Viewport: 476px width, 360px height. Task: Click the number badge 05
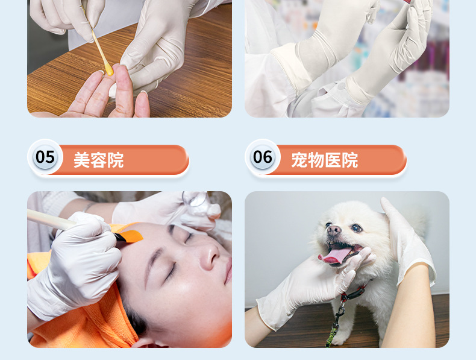coord(45,157)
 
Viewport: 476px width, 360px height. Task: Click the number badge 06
coord(263,157)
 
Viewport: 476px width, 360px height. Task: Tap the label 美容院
coord(98,160)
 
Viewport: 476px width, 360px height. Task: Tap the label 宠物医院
coord(324,160)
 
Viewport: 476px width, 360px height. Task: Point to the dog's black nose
coord(333,230)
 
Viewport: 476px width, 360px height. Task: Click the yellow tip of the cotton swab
coord(108,70)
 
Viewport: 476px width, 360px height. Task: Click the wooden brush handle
coord(51,219)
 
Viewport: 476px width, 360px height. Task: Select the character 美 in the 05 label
coord(81,160)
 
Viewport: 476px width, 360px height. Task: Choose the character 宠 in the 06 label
coord(299,160)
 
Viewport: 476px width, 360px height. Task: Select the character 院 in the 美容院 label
coord(115,160)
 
